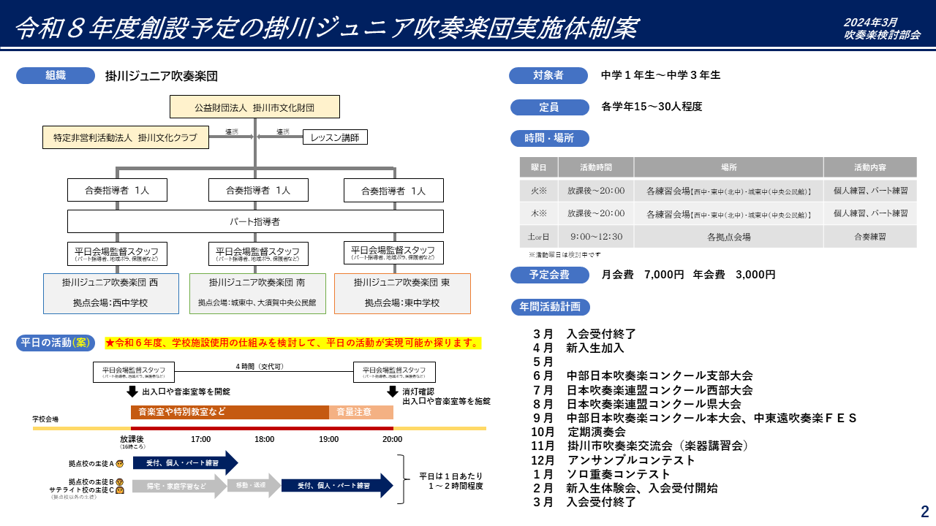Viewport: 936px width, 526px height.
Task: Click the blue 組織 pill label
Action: (56, 75)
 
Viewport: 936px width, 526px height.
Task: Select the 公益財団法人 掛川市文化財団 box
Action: (254, 107)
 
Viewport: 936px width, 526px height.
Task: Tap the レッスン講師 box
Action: (335, 137)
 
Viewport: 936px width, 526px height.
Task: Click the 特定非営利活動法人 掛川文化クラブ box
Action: (126, 137)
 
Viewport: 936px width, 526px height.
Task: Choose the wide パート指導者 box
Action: (255, 221)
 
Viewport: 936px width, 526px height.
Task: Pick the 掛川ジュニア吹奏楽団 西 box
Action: (110, 293)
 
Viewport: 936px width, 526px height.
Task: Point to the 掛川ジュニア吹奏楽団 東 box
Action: (402, 293)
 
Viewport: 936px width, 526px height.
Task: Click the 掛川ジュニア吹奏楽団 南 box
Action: (257, 293)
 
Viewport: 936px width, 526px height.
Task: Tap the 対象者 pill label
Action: (548, 75)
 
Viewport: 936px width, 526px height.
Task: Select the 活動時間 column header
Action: (596, 167)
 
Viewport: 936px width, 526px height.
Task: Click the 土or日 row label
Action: (539, 237)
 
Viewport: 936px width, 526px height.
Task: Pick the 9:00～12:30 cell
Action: (596, 237)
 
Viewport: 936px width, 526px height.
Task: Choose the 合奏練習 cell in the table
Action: (870, 237)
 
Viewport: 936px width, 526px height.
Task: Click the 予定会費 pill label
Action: (549, 275)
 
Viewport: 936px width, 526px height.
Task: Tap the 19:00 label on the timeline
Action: (328, 439)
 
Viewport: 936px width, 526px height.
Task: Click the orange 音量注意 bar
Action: (361, 412)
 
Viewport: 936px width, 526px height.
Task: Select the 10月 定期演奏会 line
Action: (578, 432)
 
